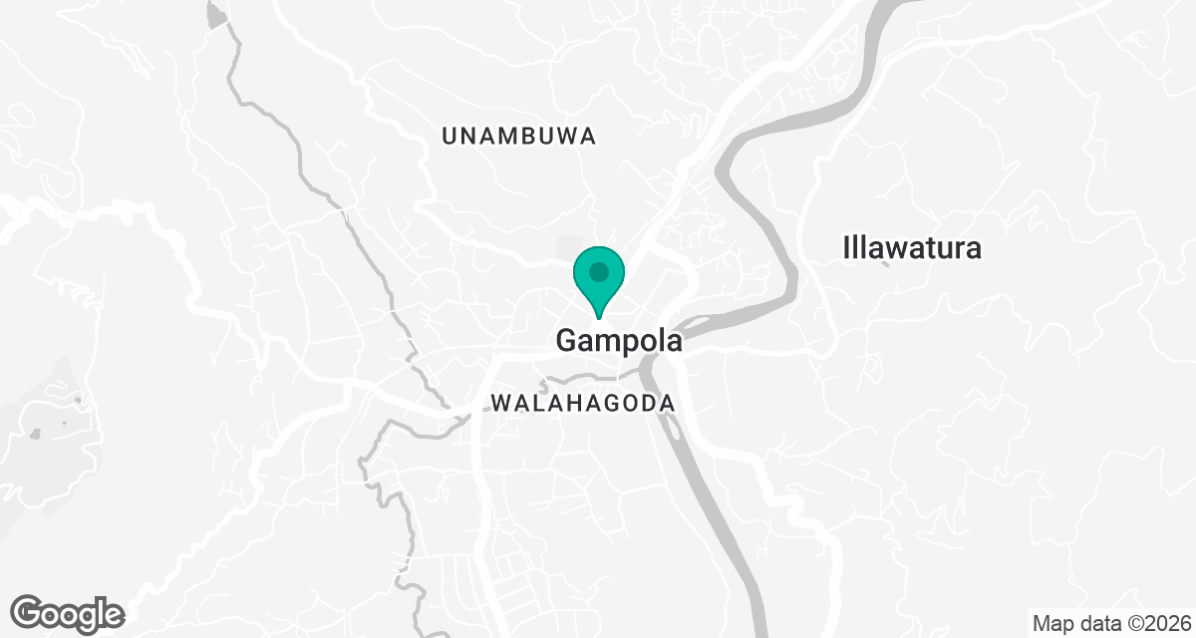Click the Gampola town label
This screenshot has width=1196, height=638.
[x=618, y=341]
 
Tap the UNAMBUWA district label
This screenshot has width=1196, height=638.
[x=518, y=138]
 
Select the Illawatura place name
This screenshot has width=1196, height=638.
[x=912, y=247]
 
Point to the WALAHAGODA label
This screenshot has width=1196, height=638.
[x=583, y=404]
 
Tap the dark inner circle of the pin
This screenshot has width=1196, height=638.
[x=598, y=271]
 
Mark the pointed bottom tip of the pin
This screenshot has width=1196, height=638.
[x=598, y=318]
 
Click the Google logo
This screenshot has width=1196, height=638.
[x=67, y=612]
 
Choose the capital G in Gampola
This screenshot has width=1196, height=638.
[x=567, y=341]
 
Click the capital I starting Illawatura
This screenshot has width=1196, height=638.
[x=847, y=247]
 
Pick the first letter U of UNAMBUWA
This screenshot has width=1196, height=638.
[x=449, y=138]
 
